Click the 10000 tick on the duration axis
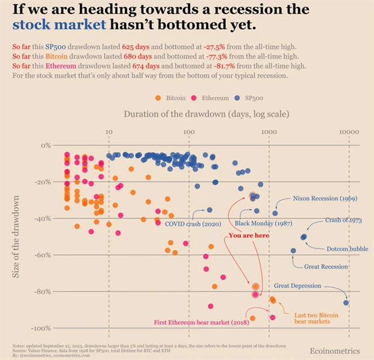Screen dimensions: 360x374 coord(349,133)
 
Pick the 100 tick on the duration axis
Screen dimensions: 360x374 coord(189,133)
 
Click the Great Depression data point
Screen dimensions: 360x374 coord(347,302)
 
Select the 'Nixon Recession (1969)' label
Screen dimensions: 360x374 coord(325,199)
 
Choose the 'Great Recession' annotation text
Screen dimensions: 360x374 coord(326,266)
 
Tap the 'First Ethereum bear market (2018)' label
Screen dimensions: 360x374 coord(199,322)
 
